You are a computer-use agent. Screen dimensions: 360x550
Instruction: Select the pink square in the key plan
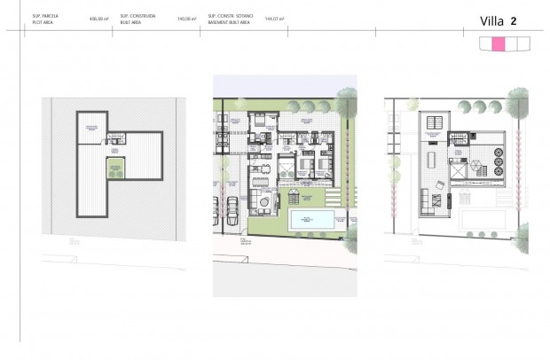[x=499, y=43]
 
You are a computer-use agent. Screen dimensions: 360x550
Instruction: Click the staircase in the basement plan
[x=114, y=138]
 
